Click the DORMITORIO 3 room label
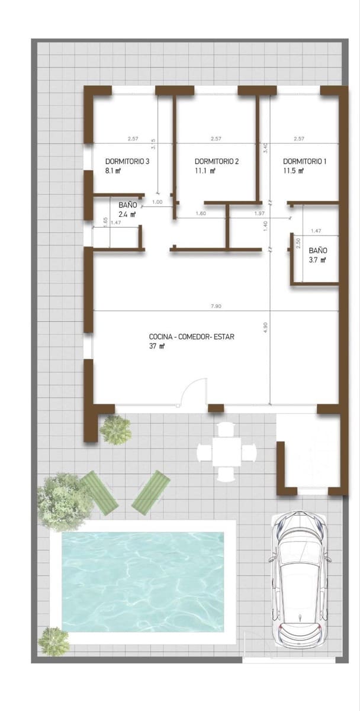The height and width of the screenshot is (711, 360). coord(127,161)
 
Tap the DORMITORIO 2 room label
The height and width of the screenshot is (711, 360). coord(216,161)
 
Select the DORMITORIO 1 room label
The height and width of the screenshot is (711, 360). coord(304,161)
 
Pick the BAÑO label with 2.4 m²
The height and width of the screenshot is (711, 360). coord(127,205)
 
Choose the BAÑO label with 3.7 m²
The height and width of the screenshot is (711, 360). coord(317,251)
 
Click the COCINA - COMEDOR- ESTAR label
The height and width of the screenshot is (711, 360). coord(192,337)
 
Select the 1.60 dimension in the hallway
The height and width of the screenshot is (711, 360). coord(201,213)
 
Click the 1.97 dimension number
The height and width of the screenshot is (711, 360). coord(259,213)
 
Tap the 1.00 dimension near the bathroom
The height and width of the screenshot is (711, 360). coord(157,203)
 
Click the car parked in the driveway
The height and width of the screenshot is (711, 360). coord(299,581)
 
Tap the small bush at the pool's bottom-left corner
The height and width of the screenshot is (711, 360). coord(53,639)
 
